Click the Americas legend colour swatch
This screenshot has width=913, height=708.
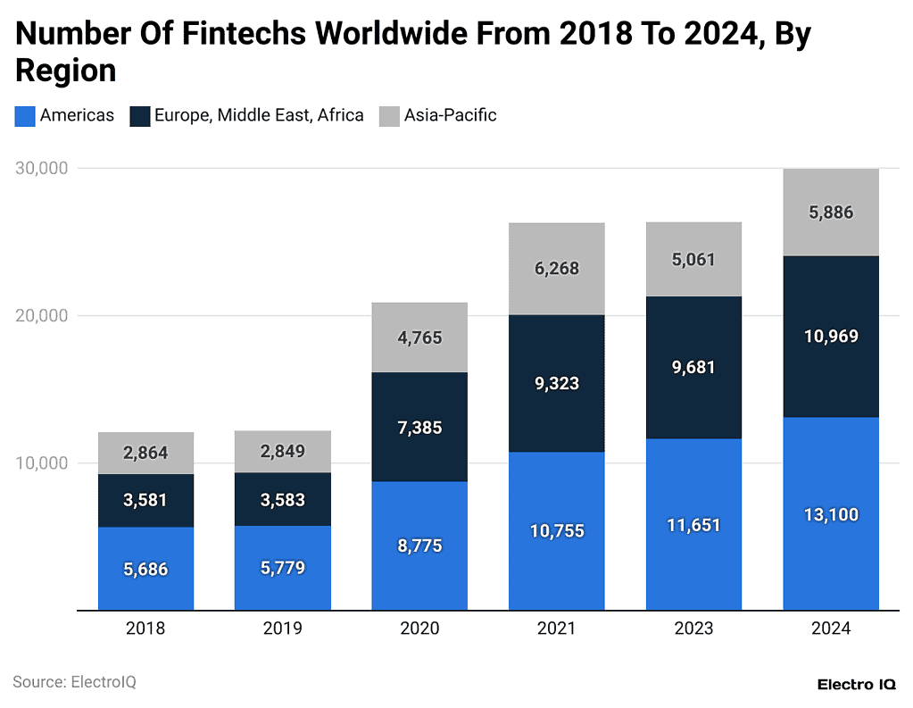pyautogui.click(x=25, y=116)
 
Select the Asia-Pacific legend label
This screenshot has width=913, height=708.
pyautogui.click(x=450, y=115)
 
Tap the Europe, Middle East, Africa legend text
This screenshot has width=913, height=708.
pyautogui.click(x=259, y=115)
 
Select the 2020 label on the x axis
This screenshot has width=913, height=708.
pyautogui.click(x=419, y=629)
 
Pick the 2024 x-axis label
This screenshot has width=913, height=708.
pyautogui.click(x=831, y=629)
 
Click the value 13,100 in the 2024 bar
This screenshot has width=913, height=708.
pyautogui.click(x=831, y=515)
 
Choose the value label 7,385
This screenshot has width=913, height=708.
pyautogui.click(x=419, y=428)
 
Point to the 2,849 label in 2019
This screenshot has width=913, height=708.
pyautogui.click(x=282, y=451)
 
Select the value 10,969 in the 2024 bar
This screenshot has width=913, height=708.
pyautogui.click(x=831, y=337)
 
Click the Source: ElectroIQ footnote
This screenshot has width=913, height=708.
pyautogui.click(x=74, y=682)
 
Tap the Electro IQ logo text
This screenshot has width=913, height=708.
pyautogui.click(x=858, y=684)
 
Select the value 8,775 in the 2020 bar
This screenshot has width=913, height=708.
pyautogui.click(x=419, y=546)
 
